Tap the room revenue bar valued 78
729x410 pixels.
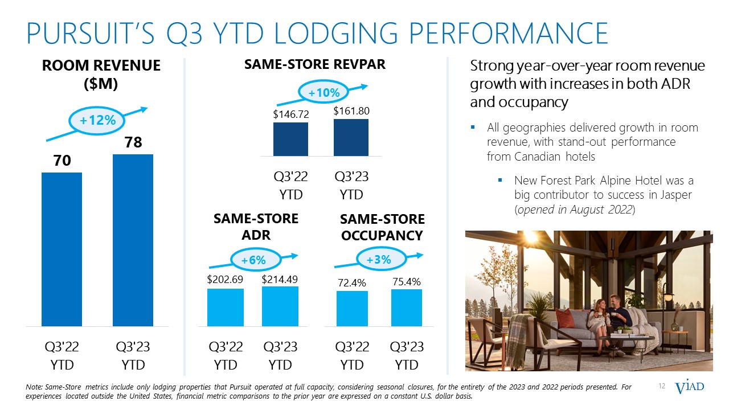[133, 240]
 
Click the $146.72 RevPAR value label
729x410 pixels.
[290, 114]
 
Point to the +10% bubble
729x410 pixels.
[323, 92]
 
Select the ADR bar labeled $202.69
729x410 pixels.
[226, 307]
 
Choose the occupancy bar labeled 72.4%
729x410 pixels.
[352, 308]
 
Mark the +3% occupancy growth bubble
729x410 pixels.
[378, 260]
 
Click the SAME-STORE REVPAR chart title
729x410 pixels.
[315, 64]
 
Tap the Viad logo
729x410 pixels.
[689, 387]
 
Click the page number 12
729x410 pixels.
[662, 387]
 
